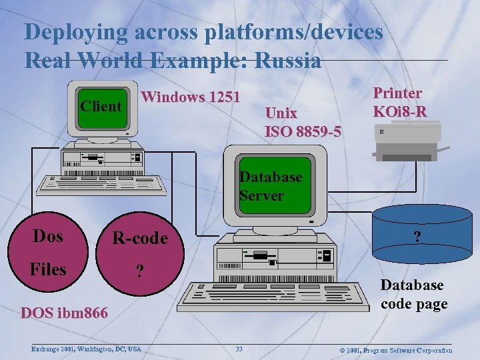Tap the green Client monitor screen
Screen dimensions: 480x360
coord(101,107)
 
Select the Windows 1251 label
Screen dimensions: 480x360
coord(191,97)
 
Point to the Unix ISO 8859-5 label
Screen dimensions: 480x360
coord(303,122)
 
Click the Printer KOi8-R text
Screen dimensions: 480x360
coord(400,102)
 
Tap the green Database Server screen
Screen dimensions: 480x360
coord(275,185)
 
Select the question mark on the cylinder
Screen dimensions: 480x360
coord(417,237)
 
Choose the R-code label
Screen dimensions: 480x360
coord(140,238)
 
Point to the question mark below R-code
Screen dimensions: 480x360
coord(139,271)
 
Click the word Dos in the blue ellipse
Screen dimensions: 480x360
coord(48,236)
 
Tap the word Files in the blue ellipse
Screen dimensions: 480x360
coord(48,269)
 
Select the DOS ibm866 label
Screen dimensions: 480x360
coord(64,313)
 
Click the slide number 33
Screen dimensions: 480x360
coord(239,349)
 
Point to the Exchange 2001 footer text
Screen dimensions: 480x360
coord(86,349)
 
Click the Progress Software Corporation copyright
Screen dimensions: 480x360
coord(396,350)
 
